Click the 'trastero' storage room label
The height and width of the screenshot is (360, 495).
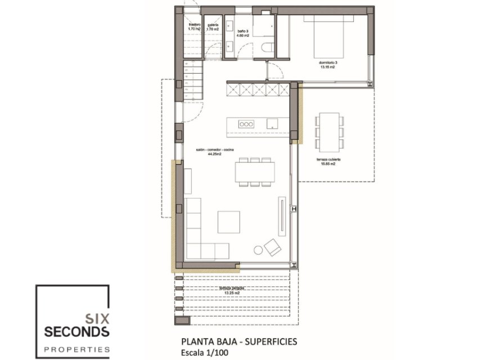click(195, 25)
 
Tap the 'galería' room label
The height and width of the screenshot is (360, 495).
click(213, 25)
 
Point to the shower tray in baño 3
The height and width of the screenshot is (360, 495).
click(264, 25)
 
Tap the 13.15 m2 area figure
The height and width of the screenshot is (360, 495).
click(327, 67)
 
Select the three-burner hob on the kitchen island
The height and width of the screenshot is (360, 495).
click(246, 123)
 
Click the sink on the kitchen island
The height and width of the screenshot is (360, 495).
click(272, 123)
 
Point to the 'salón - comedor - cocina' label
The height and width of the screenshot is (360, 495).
click(214, 149)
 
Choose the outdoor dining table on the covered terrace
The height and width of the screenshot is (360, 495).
click(328, 131)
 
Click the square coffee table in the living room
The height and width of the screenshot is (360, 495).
click(228, 222)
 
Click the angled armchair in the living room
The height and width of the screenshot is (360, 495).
click(273, 247)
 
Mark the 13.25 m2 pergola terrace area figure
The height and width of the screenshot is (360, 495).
click(232, 293)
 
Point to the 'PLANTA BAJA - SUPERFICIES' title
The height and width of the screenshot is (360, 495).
click(238, 341)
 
